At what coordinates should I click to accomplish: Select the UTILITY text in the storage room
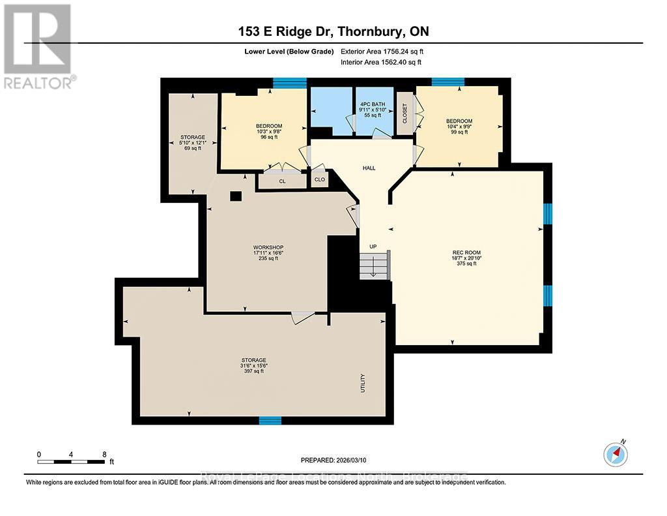point(363,382)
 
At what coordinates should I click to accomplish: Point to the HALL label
point(369,168)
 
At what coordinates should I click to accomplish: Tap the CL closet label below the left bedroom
point(282,181)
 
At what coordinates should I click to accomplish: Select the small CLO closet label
point(319,179)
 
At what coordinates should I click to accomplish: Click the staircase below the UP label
point(374,266)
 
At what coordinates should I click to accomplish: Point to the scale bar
point(72,462)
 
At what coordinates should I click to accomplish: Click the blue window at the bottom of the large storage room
point(270,420)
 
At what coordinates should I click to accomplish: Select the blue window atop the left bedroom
point(289,82)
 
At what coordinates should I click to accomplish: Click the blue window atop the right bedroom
point(448,82)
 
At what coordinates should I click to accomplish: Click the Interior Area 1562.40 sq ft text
point(381,62)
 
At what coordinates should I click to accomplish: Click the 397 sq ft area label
point(253,371)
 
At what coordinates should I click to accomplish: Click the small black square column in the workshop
point(236,196)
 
